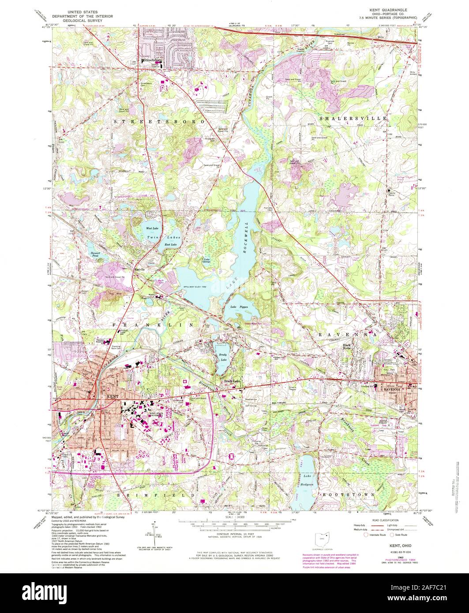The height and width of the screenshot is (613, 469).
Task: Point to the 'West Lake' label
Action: tap(152, 228)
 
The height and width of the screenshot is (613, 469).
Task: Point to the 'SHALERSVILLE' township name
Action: tap(353, 119)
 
